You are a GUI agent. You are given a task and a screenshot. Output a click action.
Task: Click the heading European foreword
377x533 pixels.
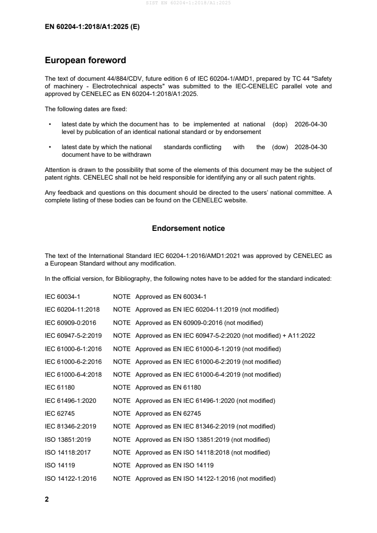click(x=85, y=60)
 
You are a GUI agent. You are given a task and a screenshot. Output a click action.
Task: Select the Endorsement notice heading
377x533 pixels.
click(x=188, y=228)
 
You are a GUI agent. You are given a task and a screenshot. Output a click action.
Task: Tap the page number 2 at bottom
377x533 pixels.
click(x=47, y=499)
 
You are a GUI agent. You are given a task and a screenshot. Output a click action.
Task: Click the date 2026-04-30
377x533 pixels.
click(x=311, y=124)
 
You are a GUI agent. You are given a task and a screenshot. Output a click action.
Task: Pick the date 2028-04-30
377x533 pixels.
click(x=311, y=147)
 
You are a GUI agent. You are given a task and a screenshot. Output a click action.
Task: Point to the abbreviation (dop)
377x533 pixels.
click(x=280, y=124)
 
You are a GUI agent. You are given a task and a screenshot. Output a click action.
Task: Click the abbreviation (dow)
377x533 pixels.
click(x=280, y=147)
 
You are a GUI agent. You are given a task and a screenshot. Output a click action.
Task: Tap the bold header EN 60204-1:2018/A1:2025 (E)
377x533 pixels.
click(x=92, y=27)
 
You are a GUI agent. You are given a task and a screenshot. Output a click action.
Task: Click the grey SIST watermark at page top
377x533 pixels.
click(x=188, y=3)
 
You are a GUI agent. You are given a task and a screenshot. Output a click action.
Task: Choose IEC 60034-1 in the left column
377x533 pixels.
click(x=62, y=297)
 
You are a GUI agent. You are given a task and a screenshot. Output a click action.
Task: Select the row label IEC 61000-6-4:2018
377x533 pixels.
click(x=73, y=375)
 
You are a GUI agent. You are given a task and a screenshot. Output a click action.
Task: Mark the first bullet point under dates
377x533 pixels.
click(x=50, y=124)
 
